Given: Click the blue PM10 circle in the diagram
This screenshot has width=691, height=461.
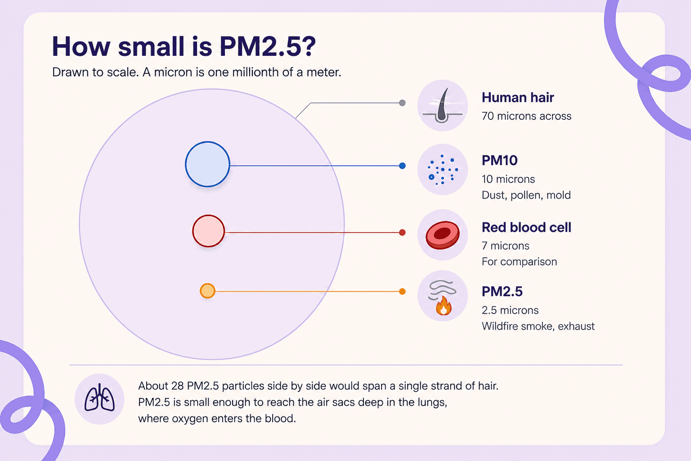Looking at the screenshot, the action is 207,164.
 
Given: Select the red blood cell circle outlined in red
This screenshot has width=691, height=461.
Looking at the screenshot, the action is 209,231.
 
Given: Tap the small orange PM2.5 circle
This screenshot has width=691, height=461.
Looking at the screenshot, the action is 207,290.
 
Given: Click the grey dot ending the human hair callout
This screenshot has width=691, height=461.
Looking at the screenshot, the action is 402,103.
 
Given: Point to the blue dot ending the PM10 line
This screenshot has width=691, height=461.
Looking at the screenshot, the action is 402,166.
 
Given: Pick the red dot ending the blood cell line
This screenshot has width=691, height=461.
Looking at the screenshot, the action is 402,232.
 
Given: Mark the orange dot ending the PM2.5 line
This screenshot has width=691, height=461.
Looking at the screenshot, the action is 402,291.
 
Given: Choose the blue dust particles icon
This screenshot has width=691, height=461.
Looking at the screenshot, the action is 443,170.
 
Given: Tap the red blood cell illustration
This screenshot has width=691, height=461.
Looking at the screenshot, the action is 443,235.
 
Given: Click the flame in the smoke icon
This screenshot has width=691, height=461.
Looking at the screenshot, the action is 444,306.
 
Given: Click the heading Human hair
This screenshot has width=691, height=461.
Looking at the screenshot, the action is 518,98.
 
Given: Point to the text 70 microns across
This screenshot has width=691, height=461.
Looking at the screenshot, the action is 527,116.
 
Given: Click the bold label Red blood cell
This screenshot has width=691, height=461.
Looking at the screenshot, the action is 527,227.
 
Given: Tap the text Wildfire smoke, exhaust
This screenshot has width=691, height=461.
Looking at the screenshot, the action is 538,326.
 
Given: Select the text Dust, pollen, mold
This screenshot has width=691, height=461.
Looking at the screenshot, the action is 526,195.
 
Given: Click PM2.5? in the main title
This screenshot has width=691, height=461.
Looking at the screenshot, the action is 268,46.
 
